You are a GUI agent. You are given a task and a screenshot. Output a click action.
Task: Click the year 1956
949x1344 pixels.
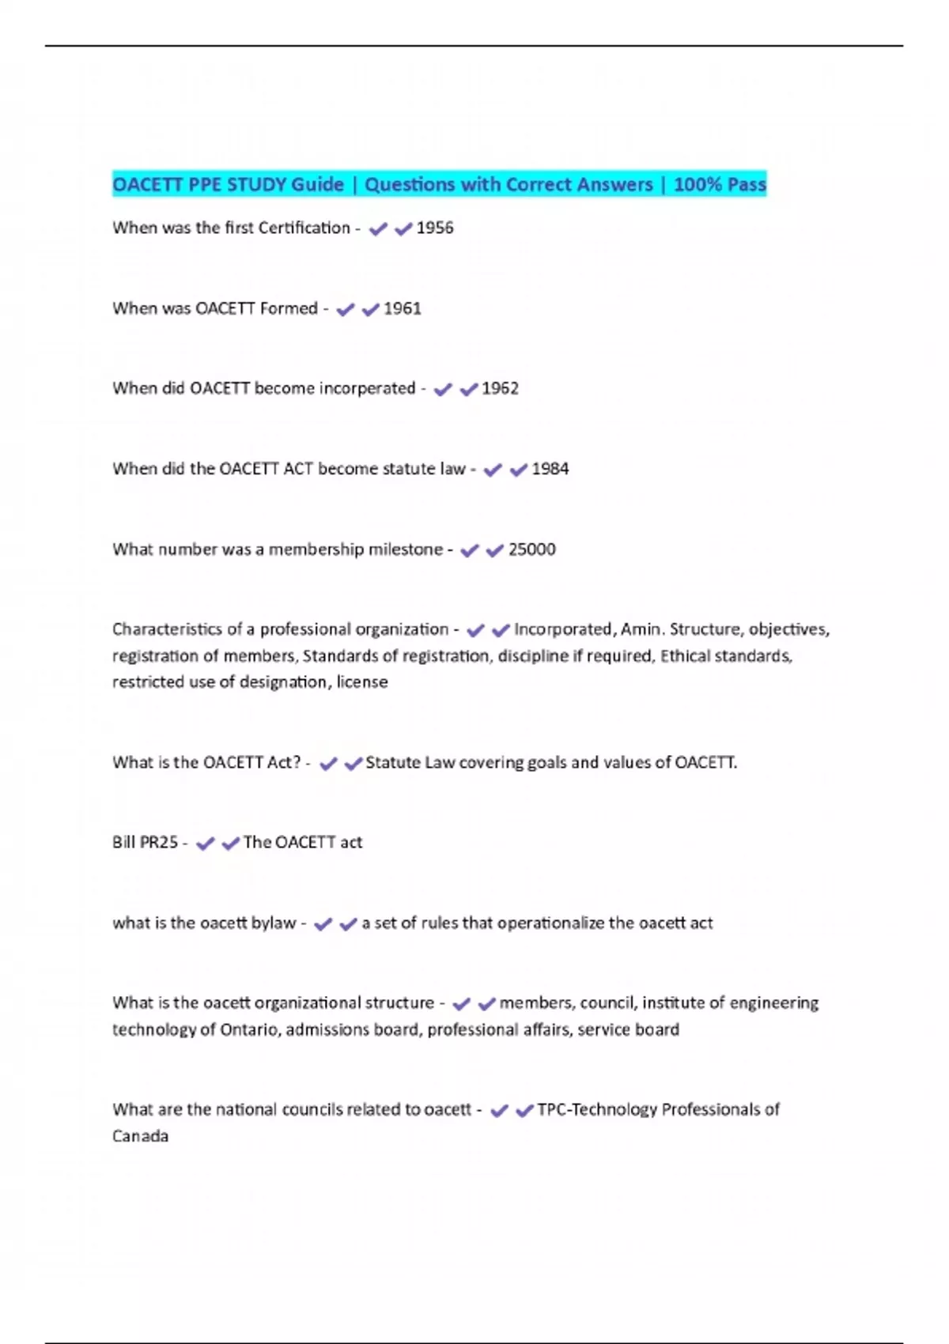coord(435,228)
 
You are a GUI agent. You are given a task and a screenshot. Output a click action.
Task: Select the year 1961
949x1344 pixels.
coord(403,308)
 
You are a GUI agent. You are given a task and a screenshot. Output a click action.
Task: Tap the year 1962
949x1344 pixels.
coord(500,388)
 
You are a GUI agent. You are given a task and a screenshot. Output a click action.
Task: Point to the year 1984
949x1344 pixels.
coord(550,469)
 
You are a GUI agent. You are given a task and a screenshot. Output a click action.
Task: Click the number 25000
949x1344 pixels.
coord(531,549)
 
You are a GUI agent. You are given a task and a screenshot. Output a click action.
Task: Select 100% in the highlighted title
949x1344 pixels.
coord(694,185)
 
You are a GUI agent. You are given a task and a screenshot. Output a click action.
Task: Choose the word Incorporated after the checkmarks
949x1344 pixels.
coord(562,629)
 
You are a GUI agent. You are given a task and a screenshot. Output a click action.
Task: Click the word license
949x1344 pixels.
coord(362,682)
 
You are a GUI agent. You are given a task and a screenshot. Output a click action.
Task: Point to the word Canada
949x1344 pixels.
coord(140,1136)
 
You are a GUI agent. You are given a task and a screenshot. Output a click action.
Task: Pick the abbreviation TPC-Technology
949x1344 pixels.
coord(597,1110)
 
